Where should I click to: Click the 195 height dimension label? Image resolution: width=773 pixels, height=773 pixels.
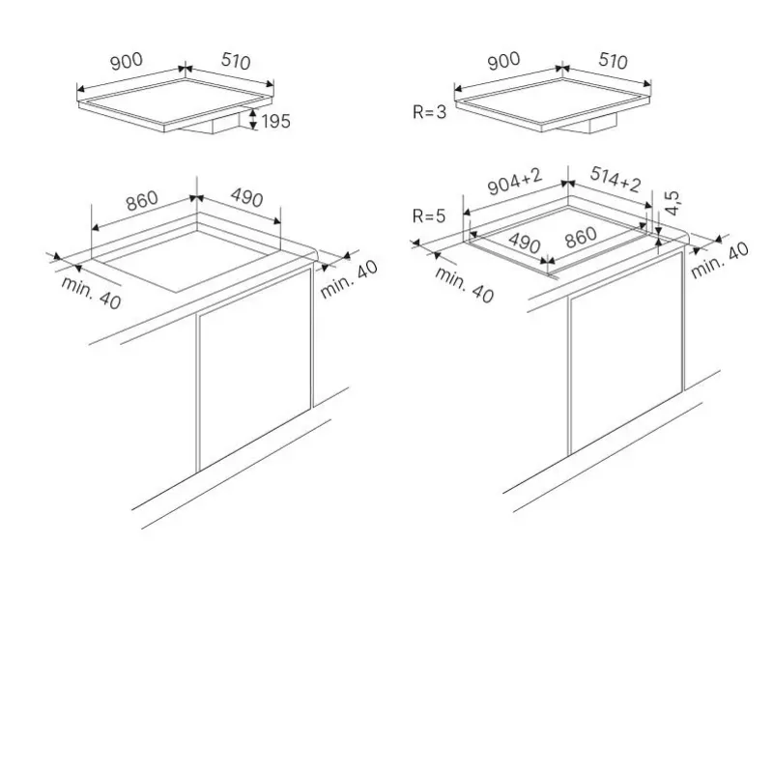pyautogui.click(x=276, y=121)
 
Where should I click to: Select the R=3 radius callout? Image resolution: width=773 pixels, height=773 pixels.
pyautogui.click(x=429, y=112)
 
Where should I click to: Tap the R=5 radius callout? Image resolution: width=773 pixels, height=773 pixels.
pyautogui.click(x=429, y=215)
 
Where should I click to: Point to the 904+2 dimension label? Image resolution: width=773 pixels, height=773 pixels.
pyautogui.click(x=515, y=181)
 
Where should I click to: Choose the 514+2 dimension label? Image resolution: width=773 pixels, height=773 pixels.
pyautogui.click(x=616, y=180)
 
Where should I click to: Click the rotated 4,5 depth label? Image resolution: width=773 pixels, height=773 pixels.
pyautogui.click(x=673, y=203)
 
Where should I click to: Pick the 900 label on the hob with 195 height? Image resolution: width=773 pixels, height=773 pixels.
pyautogui.click(x=127, y=62)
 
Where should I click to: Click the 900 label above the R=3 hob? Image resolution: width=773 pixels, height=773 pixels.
pyautogui.click(x=503, y=61)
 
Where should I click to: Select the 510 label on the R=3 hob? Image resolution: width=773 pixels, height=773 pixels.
pyautogui.click(x=614, y=61)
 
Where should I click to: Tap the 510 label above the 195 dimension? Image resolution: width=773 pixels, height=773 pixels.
pyautogui.click(x=236, y=61)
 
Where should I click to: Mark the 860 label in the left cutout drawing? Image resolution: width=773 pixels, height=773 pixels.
pyautogui.click(x=142, y=200)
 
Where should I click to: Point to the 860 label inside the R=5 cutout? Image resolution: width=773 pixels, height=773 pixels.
pyautogui.click(x=581, y=238)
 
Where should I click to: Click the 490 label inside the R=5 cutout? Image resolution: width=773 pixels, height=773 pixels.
pyautogui.click(x=525, y=243)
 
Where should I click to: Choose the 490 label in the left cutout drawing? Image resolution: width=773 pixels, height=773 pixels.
pyautogui.click(x=247, y=198)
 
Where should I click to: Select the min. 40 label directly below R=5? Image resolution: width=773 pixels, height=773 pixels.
pyautogui.click(x=464, y=284)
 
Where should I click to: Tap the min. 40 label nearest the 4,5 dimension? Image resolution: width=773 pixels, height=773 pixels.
pyautogui.click(x=720, y=260)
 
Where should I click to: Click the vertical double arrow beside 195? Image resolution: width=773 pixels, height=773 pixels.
pyautogui.click(x=253, y=119)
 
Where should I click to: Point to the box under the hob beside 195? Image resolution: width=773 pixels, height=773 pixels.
pyautogui.click(x=212, y=124)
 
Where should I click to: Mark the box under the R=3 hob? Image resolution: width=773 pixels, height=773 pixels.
pyautogui.click(x=589, y=124)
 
